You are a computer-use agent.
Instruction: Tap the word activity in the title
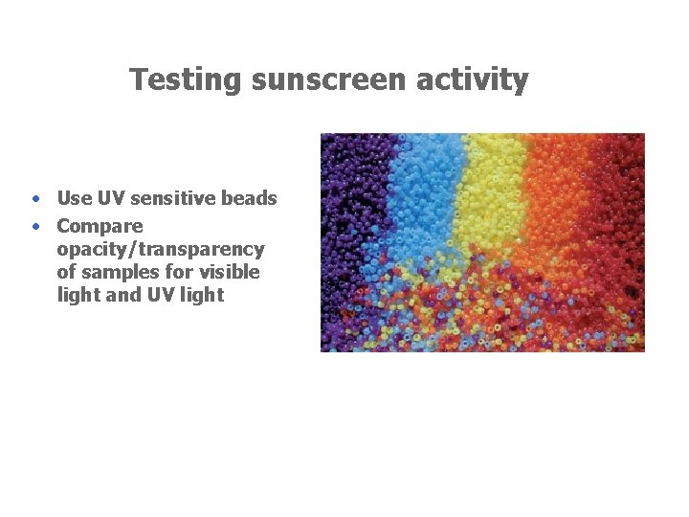pyautogui.click(x=472, y=79)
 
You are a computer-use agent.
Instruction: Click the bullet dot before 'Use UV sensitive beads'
pyautogui.click(x=34, y=199)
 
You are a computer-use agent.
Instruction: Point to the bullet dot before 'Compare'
pyautogui.click(x=34, y=227)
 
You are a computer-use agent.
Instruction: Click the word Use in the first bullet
pyautogui.click(x=73, y=199)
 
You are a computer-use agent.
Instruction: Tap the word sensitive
pyautogui.click(x=169, y=199)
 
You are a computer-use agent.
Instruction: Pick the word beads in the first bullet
pyautogui.click(x=249, y=199)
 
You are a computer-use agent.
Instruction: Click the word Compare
pyautogui.click(x=100, y=227)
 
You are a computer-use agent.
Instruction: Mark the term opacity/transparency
pyautogui.click(x=161, y=250)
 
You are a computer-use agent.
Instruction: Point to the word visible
pyautogui.click(x=230, y=273)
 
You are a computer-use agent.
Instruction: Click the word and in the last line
pyautogui.click(x=122, y=296)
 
